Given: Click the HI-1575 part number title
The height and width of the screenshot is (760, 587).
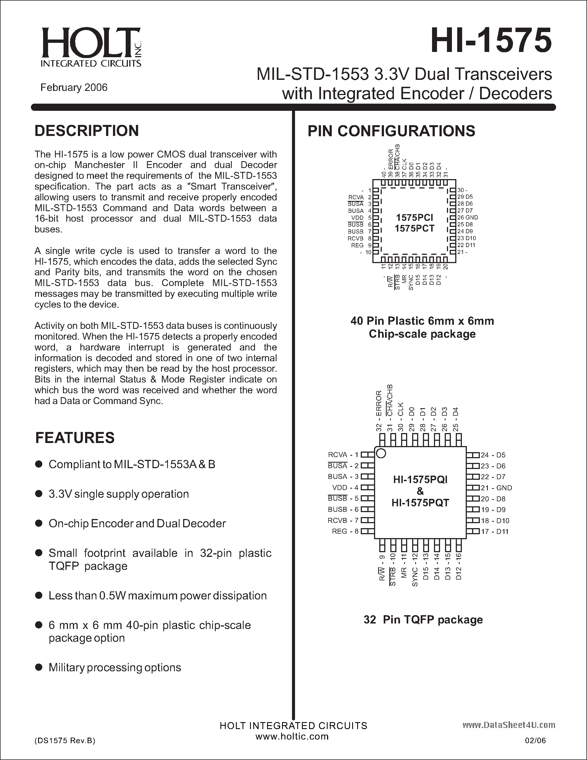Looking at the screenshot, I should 491,41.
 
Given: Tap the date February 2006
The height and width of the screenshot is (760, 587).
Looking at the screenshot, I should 74,87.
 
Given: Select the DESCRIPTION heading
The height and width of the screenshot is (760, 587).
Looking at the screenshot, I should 86,131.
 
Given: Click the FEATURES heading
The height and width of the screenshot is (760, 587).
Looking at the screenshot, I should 75,438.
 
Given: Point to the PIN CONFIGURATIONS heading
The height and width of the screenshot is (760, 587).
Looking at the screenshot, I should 391,131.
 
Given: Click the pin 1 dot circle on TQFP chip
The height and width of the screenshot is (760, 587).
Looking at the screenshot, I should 381,454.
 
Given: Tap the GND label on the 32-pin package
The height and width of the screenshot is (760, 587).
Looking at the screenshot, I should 504,488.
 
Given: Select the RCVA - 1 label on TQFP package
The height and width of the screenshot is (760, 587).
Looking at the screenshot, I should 343,455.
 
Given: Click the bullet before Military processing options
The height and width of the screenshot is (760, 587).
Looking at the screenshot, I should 39,667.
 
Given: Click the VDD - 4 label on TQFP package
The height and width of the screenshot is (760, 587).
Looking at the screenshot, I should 345,488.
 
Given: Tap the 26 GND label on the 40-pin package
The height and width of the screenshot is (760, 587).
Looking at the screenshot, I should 468,217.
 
